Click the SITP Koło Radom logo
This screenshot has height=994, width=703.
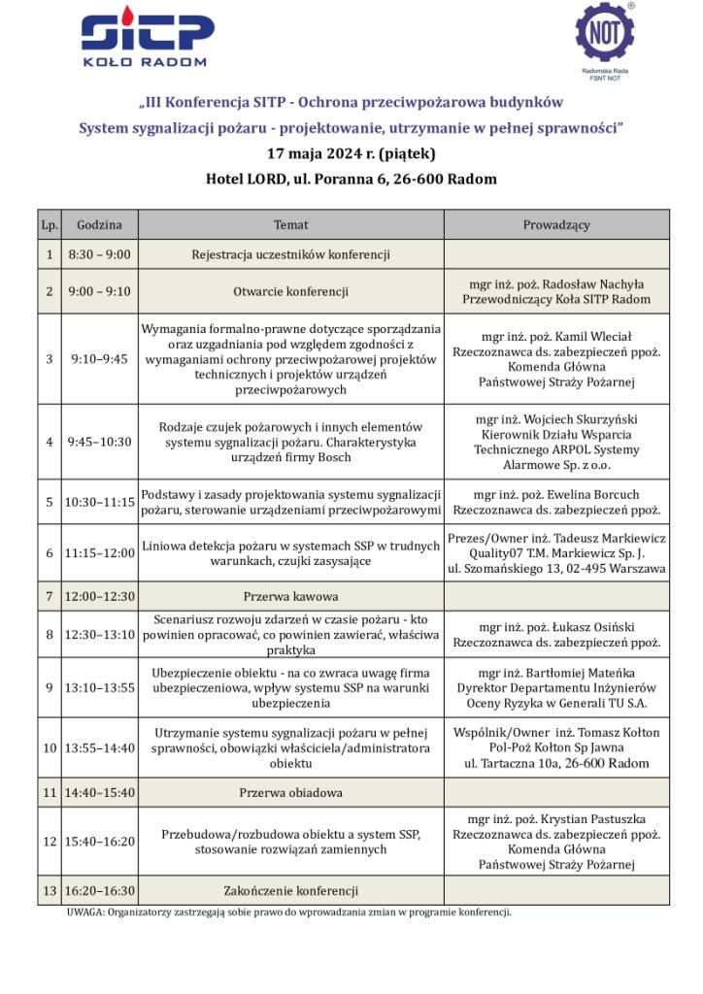pyautogui.click(x=148, y=41)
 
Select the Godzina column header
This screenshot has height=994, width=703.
pyautogui.click(x=99, y=224)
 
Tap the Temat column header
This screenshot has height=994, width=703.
pyautogui.click(x=290, y=224)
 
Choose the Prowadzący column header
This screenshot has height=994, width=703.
pyautogui.click(x=556, y=224)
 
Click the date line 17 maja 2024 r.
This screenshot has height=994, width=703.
pyautogui.click(x=351, y=153)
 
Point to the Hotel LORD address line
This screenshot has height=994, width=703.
pyautogui.click(x=351, y=179)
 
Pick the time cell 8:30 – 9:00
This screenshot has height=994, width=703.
pyautogui.click(x=99, y=254)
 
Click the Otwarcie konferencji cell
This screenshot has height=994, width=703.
pyautogui.click(x=290, y=291)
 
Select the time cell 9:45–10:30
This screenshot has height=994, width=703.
pyautogui.click(x=99, y=441)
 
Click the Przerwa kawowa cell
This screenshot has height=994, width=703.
pyautogui.click(x=290, y=596)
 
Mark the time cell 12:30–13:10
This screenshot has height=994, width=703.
pyautogui.click(x=99, y=635)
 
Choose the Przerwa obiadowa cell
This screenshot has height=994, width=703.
pyautogui.click(x=290, y=792)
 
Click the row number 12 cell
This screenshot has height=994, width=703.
pyautogui.click(x=50, y=841)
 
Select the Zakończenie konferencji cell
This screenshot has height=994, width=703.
pyautogui.click(x=290, y=890)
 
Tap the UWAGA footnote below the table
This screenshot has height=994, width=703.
pyautogui.click(x=288, y=912)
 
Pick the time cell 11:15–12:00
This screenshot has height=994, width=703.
pyautogui.click(x=99, y=553)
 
